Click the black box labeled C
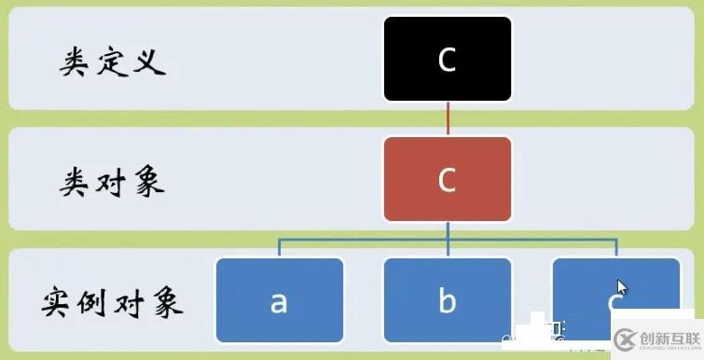(447, 59)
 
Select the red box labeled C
(447, 179)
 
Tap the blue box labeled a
(279, 300)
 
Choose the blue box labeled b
(447, 300)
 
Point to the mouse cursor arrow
(620, 286)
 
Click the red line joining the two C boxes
(448, 118)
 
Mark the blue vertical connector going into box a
(279, 247)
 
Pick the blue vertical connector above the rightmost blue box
(615, 247)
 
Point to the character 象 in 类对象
(148, 182)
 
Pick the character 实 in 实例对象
(59, 302)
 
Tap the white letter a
(279, 301)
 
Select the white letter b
(447, 300)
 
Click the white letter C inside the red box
(447, 180)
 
